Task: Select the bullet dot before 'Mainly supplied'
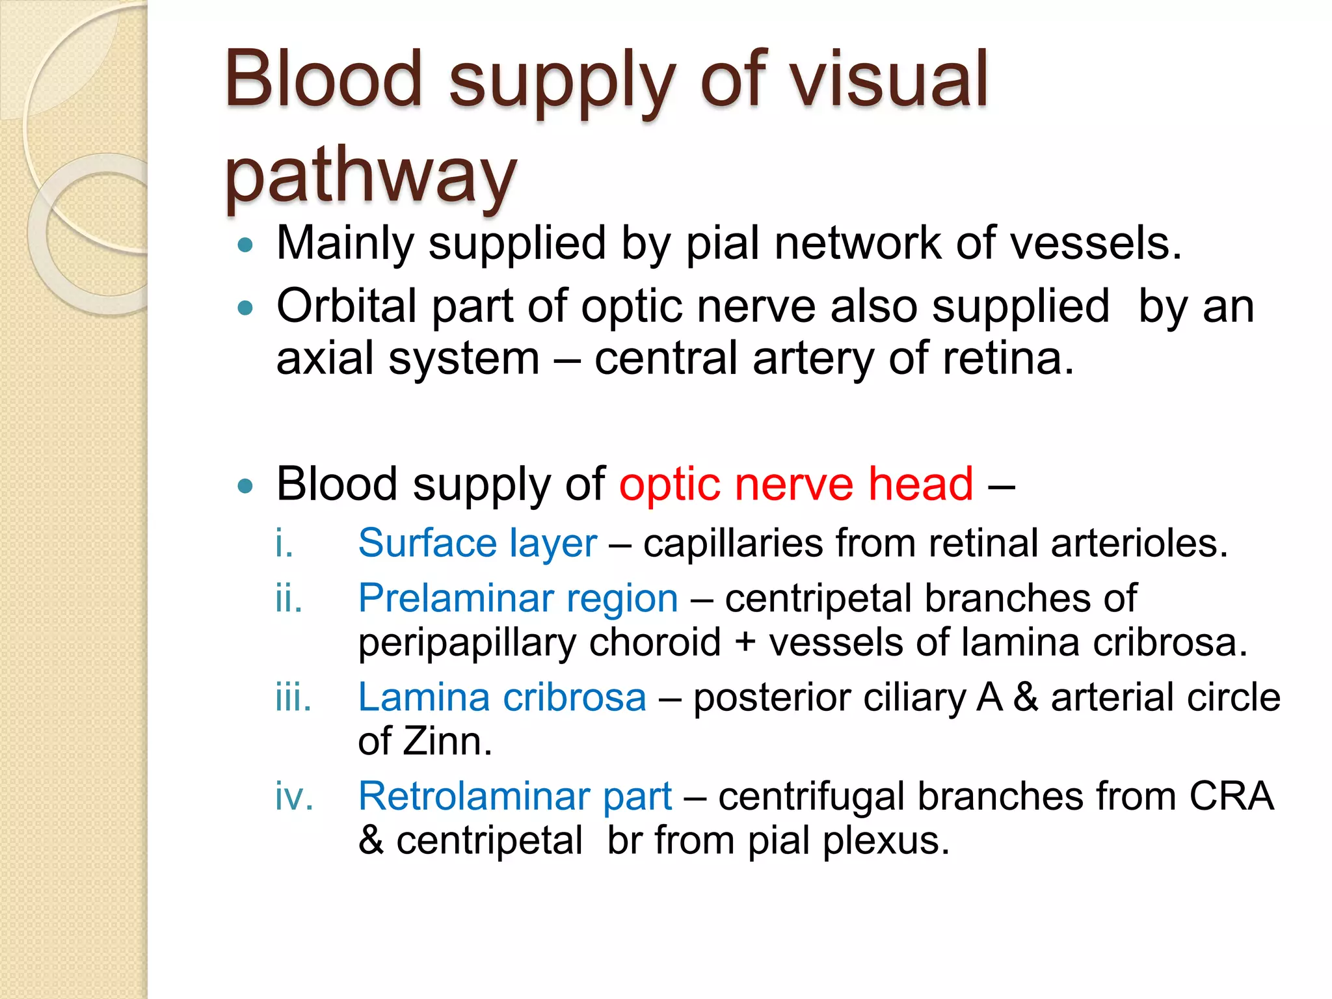point(245,245)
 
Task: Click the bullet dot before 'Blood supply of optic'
point(245,486)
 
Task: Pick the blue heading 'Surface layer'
point(477,543)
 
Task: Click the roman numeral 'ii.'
point(288,598)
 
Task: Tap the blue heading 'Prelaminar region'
point(518,598)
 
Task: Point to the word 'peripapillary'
point(466,643)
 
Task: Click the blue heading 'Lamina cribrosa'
point(501,697)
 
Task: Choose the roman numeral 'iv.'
point(293,796)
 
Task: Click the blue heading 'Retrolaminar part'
point(514,796)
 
